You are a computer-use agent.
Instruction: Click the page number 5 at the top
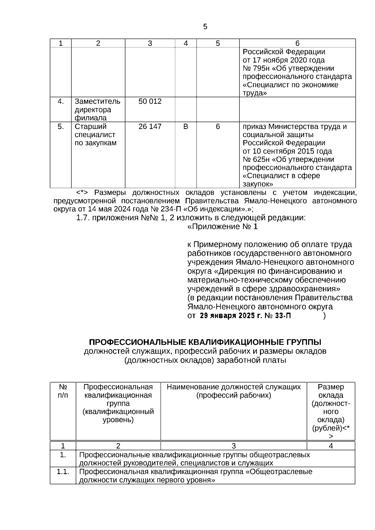tap(205, 27)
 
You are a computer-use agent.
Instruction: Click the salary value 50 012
tap(150, 102)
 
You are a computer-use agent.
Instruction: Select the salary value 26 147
tap(150, 126)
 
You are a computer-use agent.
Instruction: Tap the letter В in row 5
tap(186, 126)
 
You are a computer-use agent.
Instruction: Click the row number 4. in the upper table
tap(61, 102)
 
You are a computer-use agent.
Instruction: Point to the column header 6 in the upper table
tap(297, 43)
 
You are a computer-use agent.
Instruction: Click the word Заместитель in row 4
tap(97, 102)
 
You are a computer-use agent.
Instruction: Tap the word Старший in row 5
tap(90, 126)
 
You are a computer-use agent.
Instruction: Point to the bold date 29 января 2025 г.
tap(231, 316)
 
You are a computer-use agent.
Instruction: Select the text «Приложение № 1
tap(222, 227)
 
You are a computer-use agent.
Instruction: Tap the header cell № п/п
tap(63, 391)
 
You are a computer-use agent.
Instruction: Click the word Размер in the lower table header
tap(331, 387)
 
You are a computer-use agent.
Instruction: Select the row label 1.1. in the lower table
tap(63, 472)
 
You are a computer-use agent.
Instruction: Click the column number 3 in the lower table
tap(234, 446)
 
